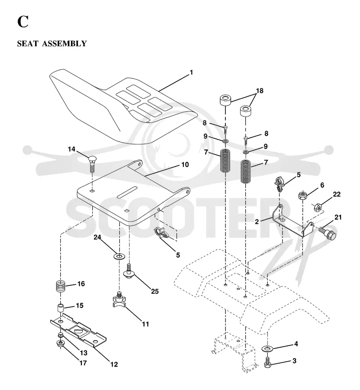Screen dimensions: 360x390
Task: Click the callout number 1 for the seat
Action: (x=191, y=72)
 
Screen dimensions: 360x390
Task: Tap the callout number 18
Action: (x=260, y=91)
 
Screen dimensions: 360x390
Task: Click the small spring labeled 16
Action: (x=60, y=286)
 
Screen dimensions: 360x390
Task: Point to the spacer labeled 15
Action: (x=61, y=307)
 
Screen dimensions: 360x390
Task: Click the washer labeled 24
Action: (x=119, y=256)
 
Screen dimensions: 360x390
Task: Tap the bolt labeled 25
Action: (x=129, y=271)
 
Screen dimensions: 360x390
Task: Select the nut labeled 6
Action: (x=302, y=195)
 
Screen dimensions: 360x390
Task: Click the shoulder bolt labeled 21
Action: (x=328, y=231)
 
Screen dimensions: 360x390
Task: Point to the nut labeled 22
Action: (x=318, y=206)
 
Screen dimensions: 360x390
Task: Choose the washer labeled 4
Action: (x=267, y=349)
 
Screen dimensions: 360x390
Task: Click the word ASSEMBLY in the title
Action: (x=64, y=44)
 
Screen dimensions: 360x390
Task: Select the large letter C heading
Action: (x=23, y=22)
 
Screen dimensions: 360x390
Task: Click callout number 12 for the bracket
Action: (x=114, y=364)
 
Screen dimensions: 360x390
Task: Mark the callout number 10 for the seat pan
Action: (x=185, y=164)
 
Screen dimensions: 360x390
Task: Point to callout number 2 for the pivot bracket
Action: (x=257, y=221)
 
